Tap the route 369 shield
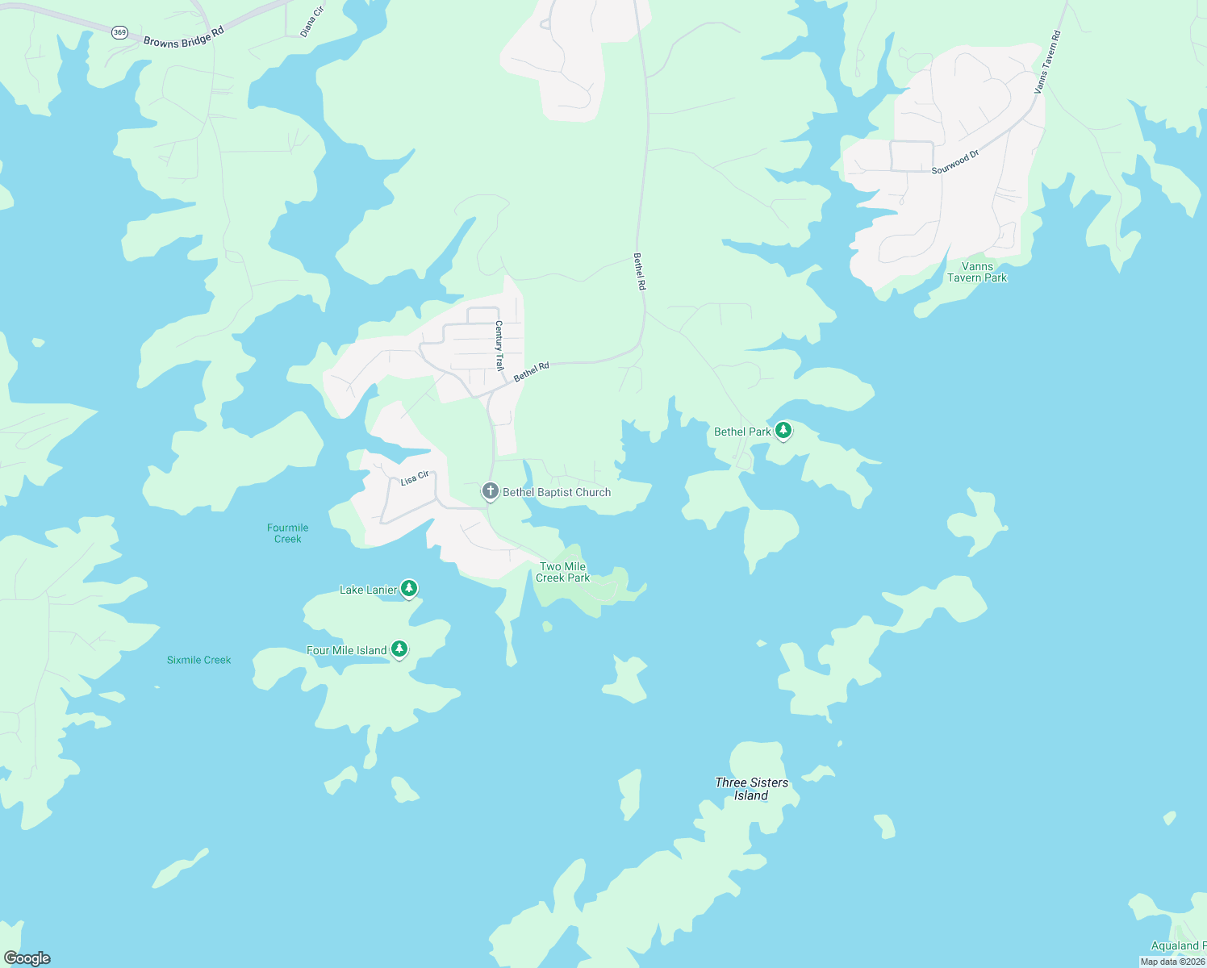pos(119,32)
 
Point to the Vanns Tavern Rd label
pos(1048,62)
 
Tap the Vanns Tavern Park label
pos(977,272)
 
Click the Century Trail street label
pos(499,345)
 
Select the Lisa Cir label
pos(415,478)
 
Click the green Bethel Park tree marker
pos(783,431)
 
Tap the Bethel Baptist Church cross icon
pos(490,491)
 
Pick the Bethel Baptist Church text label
pos(557,492)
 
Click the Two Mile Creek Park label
pos(562,572)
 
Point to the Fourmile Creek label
pos(288,533)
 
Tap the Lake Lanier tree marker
pos(409,589)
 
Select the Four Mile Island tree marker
pos(399,649)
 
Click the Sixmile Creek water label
pos(198,660)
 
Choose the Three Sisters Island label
pos(751,789)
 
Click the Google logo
pos(27,958)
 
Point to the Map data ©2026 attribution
pos(1172,962)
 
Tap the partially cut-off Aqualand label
pos(1178,945)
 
